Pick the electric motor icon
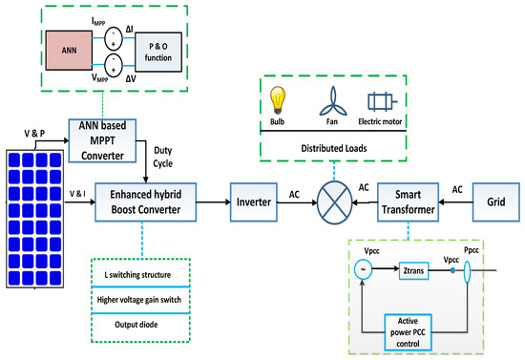coord(382,100)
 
